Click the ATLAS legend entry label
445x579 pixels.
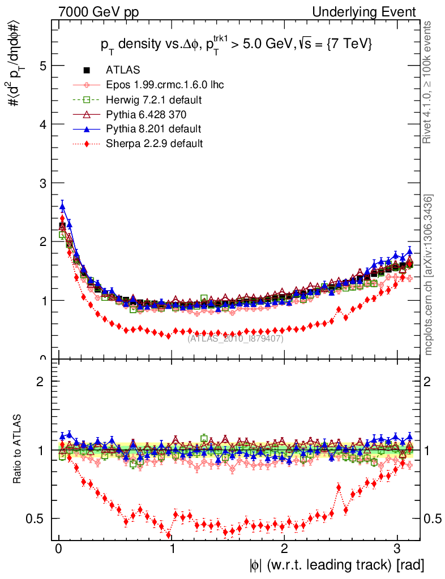coord(123,70)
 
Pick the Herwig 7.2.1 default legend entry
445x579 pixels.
coord(154,100)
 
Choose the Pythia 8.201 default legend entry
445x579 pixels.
coord(153,129)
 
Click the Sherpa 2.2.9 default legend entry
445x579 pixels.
coord(154,144)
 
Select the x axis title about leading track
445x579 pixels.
coord(336,565)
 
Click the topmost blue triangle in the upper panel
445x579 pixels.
coord(62,206)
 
